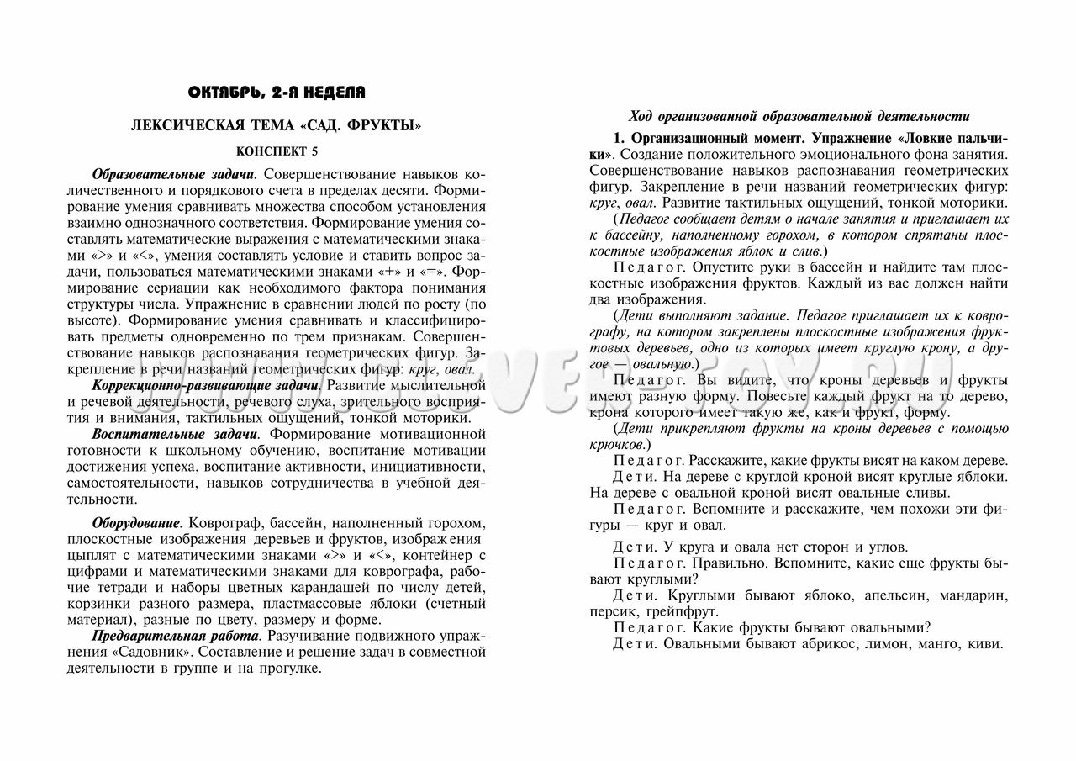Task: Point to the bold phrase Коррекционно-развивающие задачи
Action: click(206, 385)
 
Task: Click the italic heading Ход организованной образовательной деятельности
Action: click(799, 116)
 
